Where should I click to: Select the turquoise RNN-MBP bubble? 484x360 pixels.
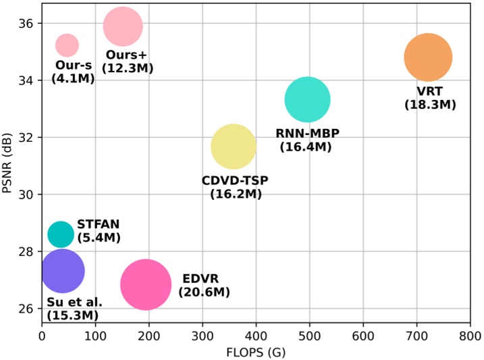click(307, 100)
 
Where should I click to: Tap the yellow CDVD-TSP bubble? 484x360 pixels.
click(234, 147)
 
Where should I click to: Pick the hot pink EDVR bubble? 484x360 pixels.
click(146, 284)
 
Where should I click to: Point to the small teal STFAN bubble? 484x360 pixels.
click(61, 234)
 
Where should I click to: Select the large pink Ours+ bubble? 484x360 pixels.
click(123, 27)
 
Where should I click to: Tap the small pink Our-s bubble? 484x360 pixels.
click(67, 45)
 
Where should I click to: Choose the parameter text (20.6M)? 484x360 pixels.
click(205, 292)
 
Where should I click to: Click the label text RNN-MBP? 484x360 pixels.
click(304, 133)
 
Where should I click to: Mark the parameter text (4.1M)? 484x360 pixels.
click(73, 78)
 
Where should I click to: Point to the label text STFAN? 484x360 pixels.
click(99, 224)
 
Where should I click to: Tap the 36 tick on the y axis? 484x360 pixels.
click(27, 23)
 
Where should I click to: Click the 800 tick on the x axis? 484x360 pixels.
click(470, 335)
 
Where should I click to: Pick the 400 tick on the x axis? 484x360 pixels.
click(256, 335)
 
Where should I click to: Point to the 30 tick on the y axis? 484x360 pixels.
click(27, 195)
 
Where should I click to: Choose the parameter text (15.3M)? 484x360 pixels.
click(73, 315)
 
